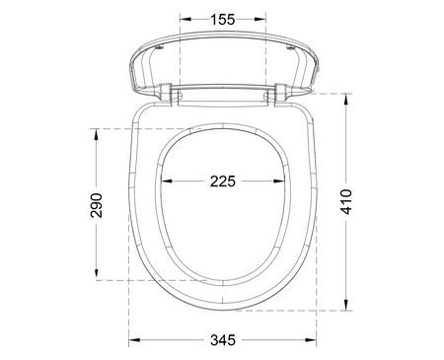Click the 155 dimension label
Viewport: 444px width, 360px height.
223,20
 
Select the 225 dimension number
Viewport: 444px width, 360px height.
223,181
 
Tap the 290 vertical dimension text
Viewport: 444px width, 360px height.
97,205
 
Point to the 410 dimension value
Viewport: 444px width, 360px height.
346,202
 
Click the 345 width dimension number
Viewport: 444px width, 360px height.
223,340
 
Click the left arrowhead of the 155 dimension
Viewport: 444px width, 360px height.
185,20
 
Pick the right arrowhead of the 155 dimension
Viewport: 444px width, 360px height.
260,20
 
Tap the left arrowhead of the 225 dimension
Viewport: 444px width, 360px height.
167,180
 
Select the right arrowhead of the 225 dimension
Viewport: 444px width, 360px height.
279,180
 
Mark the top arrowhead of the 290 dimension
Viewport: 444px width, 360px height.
97,134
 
